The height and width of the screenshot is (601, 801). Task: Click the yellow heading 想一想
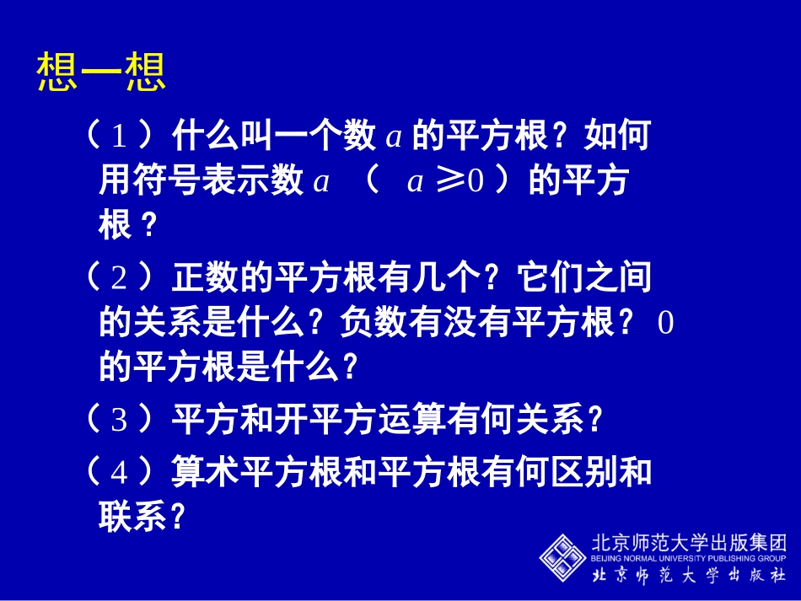point(101,73)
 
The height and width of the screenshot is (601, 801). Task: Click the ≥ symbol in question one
point(449,182)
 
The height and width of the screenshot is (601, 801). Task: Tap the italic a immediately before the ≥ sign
point(414,182)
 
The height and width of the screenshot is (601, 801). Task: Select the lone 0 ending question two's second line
point(665,324)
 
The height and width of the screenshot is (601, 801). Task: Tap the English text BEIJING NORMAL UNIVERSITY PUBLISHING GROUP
point(689,558)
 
